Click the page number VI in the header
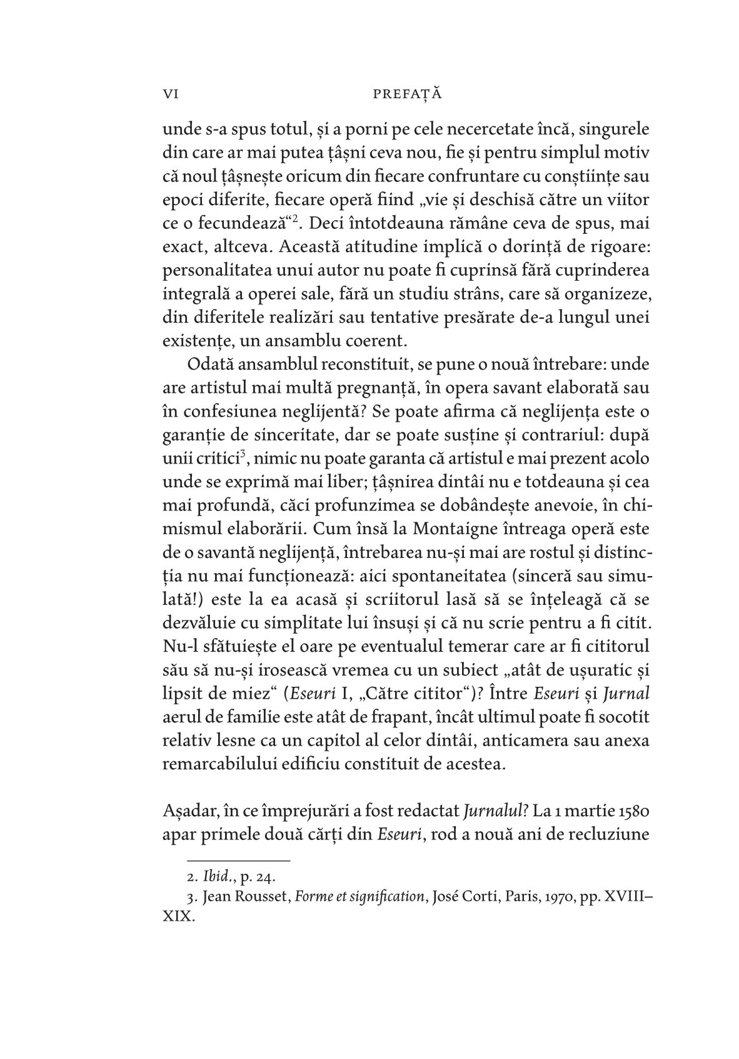(x=171, y=94)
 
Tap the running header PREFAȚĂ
(x=407, y=94)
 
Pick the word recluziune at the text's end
(x=606, y=836)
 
